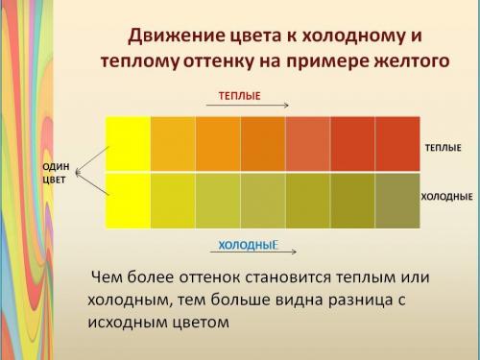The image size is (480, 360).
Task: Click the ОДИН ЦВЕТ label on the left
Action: coord(55,174)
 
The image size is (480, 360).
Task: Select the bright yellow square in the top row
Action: coord(128,143)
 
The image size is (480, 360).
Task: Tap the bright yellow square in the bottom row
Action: coord(128,200)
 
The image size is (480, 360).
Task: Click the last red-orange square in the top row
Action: coord(396,143)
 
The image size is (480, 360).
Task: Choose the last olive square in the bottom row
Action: coord(396,200)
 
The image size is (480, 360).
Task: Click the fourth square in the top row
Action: coord(262,143)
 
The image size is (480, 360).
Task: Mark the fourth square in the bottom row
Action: coord(262,200)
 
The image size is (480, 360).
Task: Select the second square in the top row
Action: coord(173,143)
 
